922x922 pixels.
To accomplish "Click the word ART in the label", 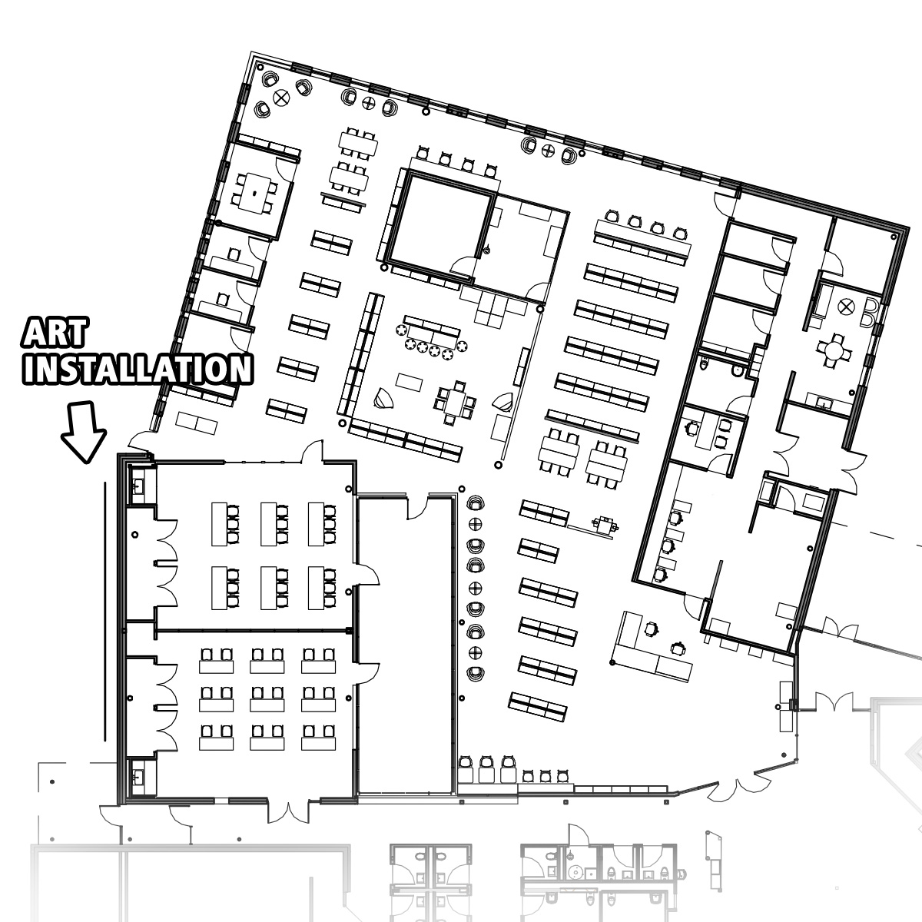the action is [x=54, y=333].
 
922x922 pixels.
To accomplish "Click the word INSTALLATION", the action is [x=138, y=369].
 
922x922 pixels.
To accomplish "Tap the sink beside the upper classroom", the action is [x=139, y=486].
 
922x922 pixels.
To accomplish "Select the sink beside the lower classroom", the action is [x=139, y=778].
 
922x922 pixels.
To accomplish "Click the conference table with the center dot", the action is [x=254, y=192].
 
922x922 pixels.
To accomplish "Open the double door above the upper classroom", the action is [x=311, y=453].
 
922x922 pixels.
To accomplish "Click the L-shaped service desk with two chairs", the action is [x=652, y=647].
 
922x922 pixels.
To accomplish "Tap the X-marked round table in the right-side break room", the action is [x=847, y=306].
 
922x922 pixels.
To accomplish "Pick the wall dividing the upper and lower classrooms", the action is [x=254, y=630].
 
